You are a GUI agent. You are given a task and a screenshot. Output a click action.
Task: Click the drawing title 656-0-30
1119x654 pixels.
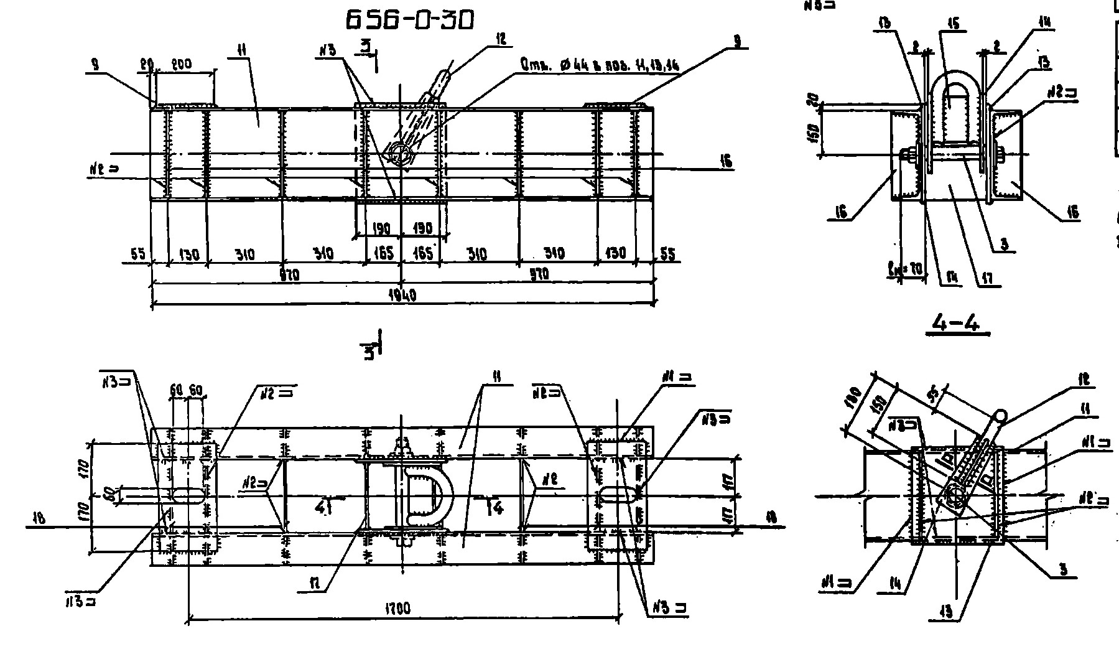pos(410,20)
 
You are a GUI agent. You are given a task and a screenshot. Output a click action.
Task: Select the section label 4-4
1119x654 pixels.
pos(957,323)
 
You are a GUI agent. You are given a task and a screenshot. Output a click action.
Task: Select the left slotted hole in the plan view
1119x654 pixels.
pos(187,495)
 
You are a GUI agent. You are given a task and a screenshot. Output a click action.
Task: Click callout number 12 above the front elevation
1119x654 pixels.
pos(501,39)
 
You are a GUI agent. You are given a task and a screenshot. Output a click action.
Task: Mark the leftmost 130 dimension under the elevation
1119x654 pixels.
pos(188,254)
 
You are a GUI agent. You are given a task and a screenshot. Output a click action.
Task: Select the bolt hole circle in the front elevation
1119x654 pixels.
pos(398,153)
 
